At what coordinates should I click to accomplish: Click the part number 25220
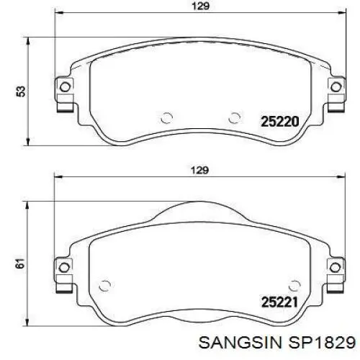point(280,122)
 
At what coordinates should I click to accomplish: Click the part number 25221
point(279,302)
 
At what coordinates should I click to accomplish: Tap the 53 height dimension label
point(21,91)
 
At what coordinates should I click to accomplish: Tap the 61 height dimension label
point(21,264)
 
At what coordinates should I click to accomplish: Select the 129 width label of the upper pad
point(201,6)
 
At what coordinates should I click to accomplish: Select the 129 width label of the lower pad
point(200,170)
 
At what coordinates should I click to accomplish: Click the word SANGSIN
point(240,343)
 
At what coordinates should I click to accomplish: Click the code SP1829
point(322,343)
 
